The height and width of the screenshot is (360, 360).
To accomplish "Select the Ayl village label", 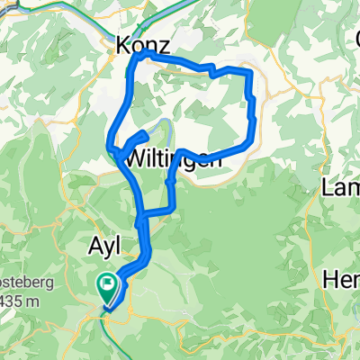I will [x=110, y=246].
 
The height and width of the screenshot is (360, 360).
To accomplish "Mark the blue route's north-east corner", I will [x=248, y=71].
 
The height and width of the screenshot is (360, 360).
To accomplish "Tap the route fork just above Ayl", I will [x=139, y=216].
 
